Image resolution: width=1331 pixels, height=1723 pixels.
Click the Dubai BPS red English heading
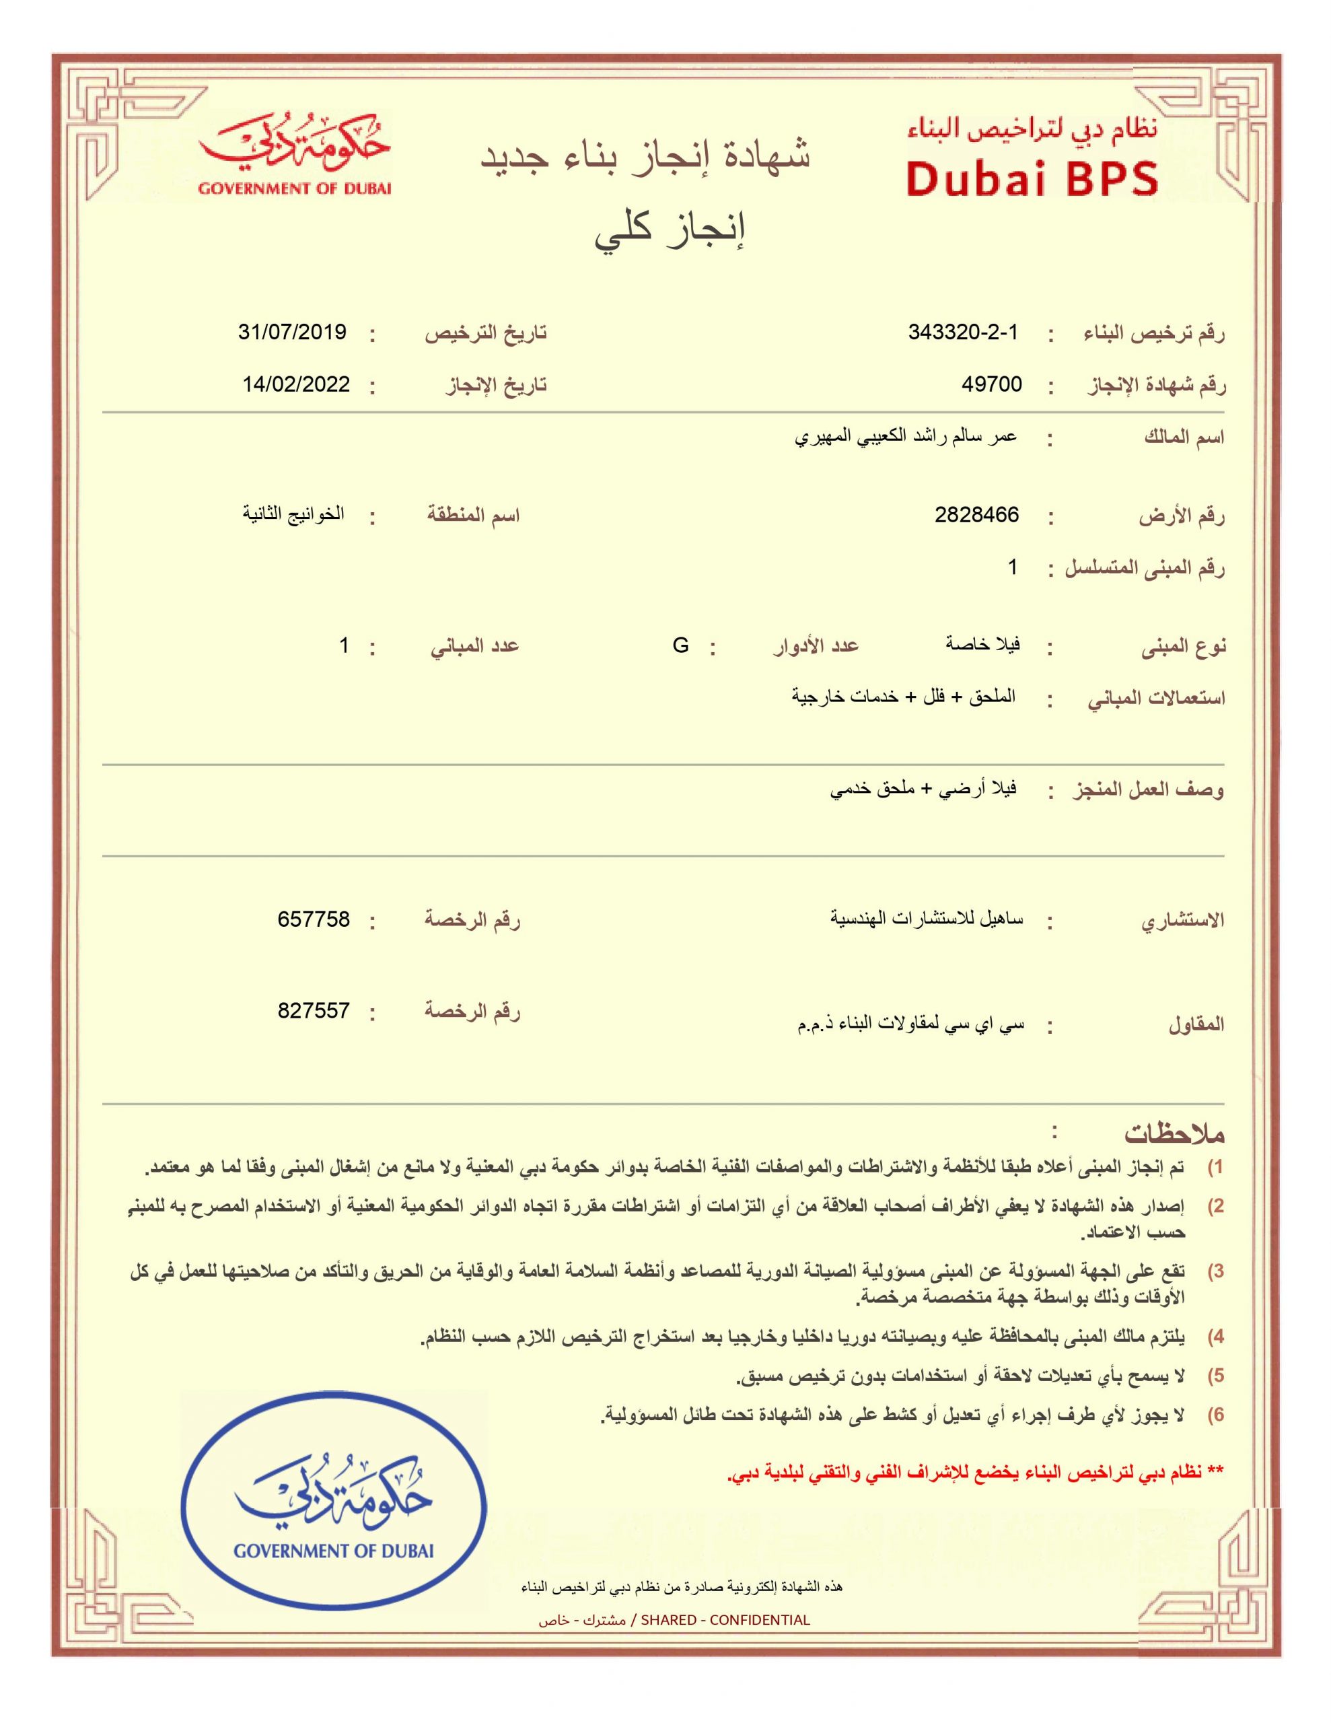pyautogui.click(x=1032, y=178)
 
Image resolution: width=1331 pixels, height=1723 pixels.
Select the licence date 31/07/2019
pyautogui.click(x=293, y=332)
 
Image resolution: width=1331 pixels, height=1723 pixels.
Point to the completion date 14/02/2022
pyautogui.click(x=296, y=384)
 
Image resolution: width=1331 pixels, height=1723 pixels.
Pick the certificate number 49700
pyautogui.click(x=992, y=384)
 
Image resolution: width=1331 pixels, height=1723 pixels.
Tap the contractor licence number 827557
pyautogui.click(x=313, y=1011)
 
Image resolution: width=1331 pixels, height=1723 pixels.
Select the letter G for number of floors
pyautogui.click(x=680, y=645)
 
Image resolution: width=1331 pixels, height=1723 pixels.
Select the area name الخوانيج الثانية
pyautogui.click(x=293, y=514)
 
